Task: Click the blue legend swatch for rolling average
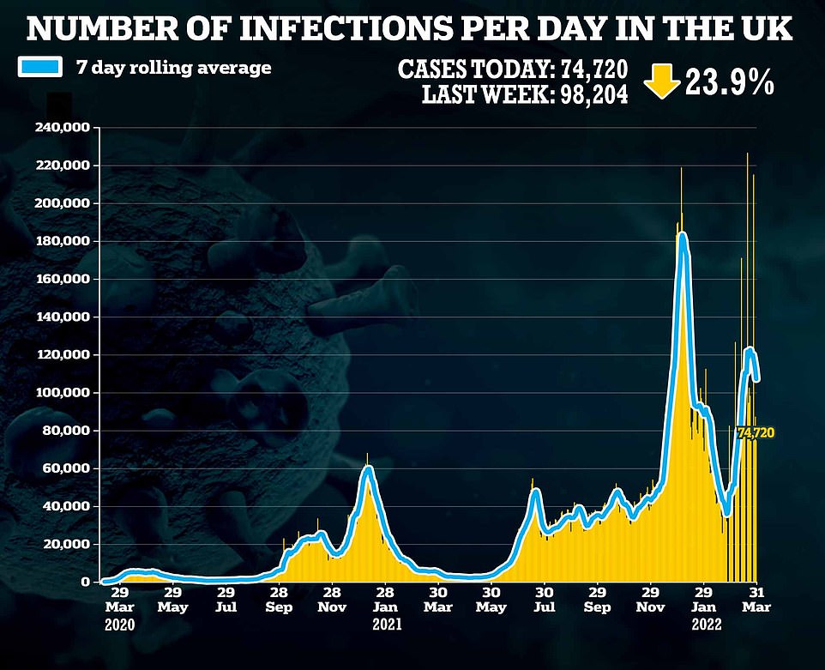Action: click(40, 67)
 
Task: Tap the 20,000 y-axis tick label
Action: click(72, 544)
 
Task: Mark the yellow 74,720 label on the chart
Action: click(755, 433)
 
